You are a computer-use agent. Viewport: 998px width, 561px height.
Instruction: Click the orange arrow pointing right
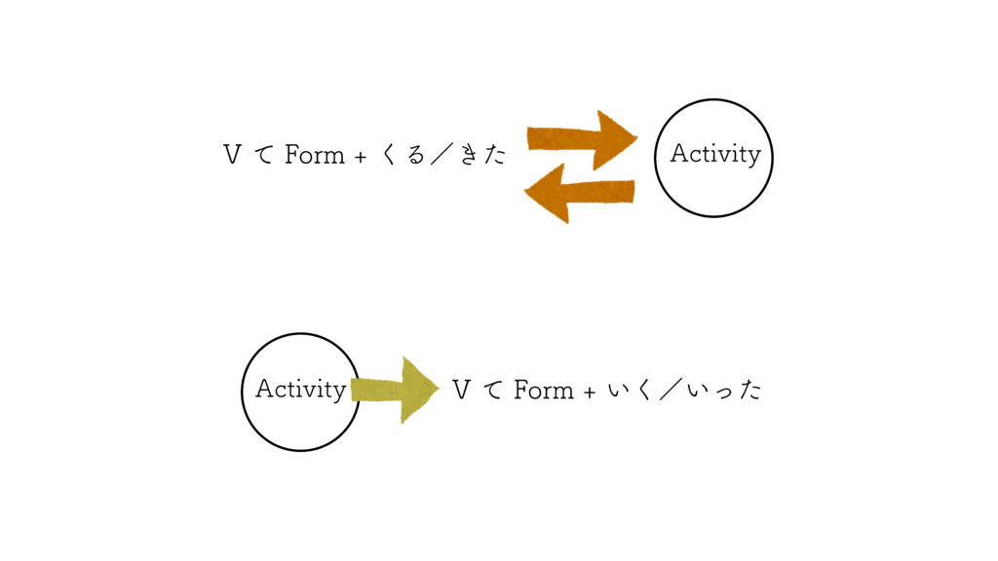click(582, 139)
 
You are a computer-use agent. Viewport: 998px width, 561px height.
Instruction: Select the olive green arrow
click(395, 390)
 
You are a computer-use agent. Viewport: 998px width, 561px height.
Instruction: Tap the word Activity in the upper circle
click(715, 154)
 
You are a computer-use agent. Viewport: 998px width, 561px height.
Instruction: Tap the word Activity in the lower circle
click(300, 389)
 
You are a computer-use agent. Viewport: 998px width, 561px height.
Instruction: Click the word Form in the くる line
click(315, 155)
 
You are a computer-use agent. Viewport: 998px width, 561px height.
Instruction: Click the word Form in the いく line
click(544, 390)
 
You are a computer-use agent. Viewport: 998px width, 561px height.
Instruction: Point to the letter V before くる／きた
click(232, 155)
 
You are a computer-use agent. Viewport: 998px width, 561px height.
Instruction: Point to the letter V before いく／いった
click(461, 390)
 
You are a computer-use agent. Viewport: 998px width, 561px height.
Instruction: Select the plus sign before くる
click(361, 157)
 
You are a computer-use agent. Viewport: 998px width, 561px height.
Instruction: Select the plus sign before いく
click(590, 393)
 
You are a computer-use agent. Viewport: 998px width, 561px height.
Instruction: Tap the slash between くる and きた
click(442, 155)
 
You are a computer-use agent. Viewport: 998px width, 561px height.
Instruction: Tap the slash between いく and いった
click(671, 390)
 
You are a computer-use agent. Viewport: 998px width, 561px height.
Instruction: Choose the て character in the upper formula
click(264, 155)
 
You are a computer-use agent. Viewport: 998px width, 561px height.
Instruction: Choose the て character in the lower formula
click(493, 391)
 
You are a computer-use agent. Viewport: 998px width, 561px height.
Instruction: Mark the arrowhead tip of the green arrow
click(440, 388)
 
